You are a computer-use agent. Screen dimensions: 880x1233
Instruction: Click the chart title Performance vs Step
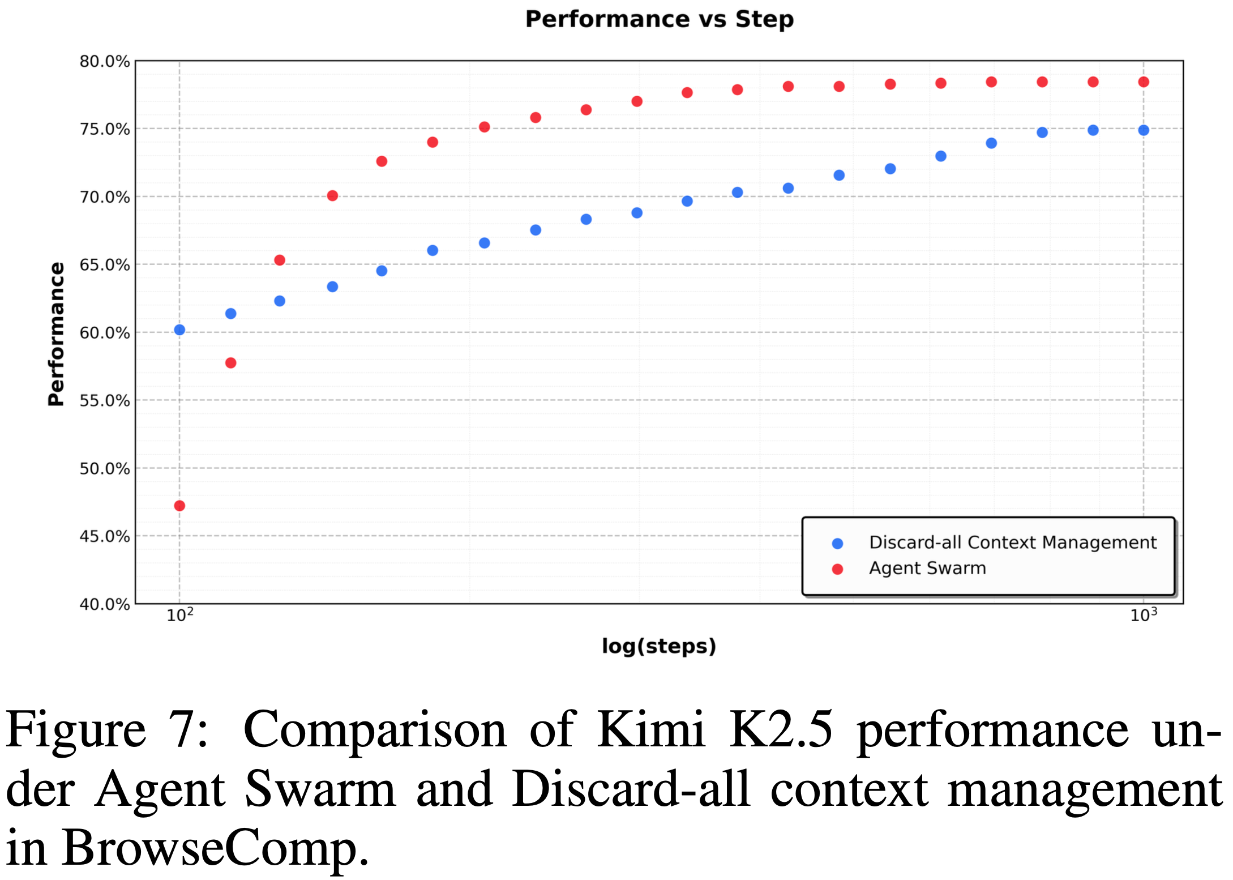[x=659, y=19]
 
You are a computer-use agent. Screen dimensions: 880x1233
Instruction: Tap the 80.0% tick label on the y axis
[x=105, y=61]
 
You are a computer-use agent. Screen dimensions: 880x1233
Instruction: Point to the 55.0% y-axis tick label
[x=105, y=401]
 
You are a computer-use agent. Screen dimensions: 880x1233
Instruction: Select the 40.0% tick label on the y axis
[x=105, y=604]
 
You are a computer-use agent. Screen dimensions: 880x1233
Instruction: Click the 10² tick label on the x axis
[x=180, y=615]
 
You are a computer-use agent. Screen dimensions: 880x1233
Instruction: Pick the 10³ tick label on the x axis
[x=1144, y=615]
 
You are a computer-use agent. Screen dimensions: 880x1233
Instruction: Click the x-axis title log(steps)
[x=659, y=646]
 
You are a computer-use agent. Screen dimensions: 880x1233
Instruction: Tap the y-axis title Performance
[x=56, y=334]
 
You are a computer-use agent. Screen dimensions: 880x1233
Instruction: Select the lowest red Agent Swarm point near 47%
[x=179, y=506]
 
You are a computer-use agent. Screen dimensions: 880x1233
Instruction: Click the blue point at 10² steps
[x=179, y=330]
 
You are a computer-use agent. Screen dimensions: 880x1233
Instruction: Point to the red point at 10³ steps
[x=1144, y=82]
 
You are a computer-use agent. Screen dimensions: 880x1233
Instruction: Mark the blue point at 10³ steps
[x=1144, y=130]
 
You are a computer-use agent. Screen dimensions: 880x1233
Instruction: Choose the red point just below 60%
[x=230, y=363]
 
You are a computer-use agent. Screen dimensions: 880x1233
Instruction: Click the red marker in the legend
[x=838, y=569]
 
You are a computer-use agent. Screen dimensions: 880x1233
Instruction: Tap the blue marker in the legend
[x=838, y=544]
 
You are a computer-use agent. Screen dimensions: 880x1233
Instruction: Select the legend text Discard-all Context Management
[x=1013, y=542]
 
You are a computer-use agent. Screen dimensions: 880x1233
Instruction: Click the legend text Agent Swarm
[x=927, y=568]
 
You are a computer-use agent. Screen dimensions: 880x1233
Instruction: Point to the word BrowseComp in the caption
[x=215, y=848]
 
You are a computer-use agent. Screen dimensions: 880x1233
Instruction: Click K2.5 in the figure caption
[x=781, y=730]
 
